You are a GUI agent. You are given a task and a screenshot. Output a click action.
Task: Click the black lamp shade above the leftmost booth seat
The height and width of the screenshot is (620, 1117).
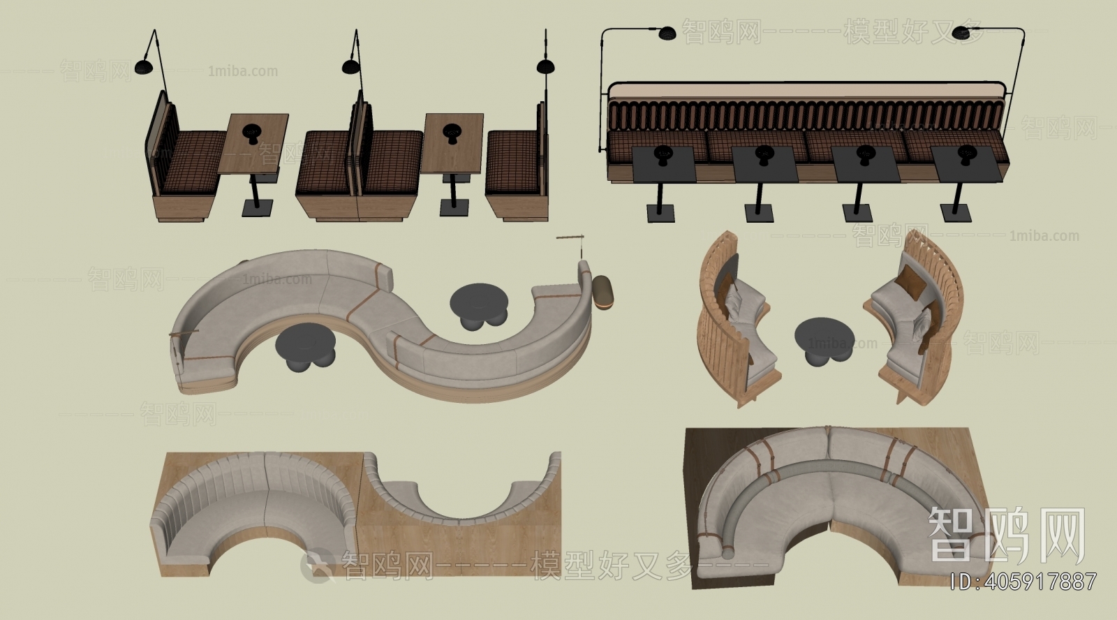click(x=143, y=67)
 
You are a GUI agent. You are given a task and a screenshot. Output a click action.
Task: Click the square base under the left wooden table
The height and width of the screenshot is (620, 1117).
click(x=258, y=207)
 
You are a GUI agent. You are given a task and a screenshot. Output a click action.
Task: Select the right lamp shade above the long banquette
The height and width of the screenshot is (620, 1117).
click(x=961, y=34)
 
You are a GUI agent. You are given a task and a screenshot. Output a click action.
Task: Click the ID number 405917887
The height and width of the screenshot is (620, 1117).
click(x=1025, y=581)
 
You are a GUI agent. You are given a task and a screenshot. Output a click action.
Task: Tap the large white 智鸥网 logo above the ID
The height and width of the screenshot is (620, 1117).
click(x=1007, y=535)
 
